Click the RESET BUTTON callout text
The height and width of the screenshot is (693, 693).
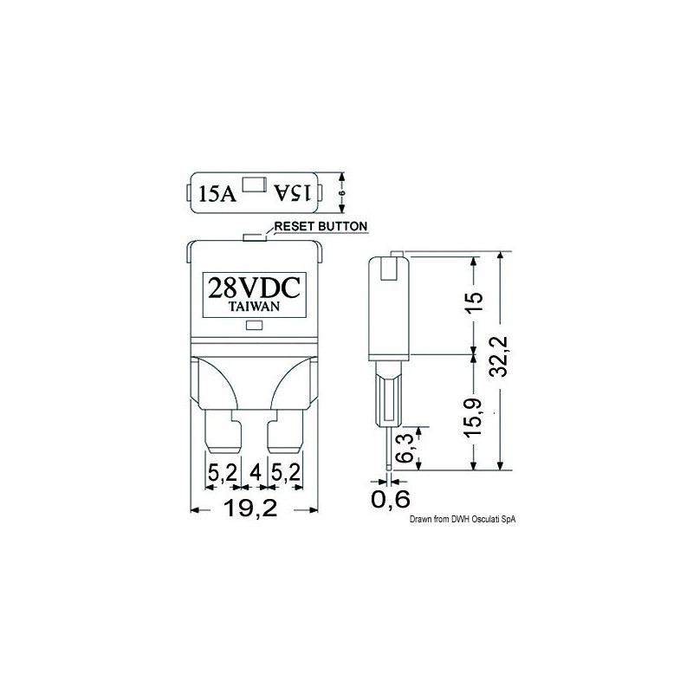321,226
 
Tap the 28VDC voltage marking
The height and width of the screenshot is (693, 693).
254,288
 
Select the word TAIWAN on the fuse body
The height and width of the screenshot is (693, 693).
254,307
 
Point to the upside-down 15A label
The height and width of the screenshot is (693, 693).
293,193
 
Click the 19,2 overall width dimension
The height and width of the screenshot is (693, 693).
250,508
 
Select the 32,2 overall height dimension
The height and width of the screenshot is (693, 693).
501,356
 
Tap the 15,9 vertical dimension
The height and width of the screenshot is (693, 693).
473,418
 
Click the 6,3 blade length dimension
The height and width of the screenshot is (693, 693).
406,448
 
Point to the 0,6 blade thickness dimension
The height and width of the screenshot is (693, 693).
391,500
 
